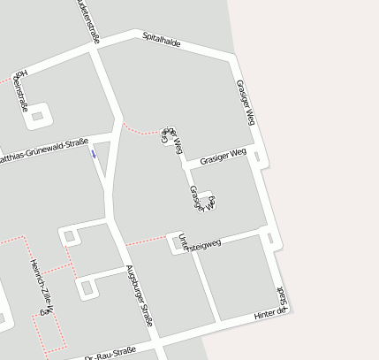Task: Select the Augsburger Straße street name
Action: pyautogui.click(x=140, y=296)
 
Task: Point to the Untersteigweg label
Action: pyautogui.click(x=199, y=243)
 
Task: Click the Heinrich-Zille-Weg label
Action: pyautogui.click(x=42, y=287)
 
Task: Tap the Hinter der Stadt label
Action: pyautogui.click(x=272, y=308)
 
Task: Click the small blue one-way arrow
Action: pyautogui.click(x=94, y=153)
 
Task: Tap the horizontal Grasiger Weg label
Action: pyautogui.click(x=223, y=157)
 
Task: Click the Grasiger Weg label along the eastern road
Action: pyautogui.click(x=246, y=102)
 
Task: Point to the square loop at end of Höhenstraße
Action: pyautogui.click(x=41, y=114)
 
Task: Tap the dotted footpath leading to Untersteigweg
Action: pyautogui.click(x=147, y=240)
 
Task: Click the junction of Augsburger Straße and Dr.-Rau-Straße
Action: pyautogui.click(x=155, y=339)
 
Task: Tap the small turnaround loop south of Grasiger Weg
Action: pyautogui.click(x=206, y=198)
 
